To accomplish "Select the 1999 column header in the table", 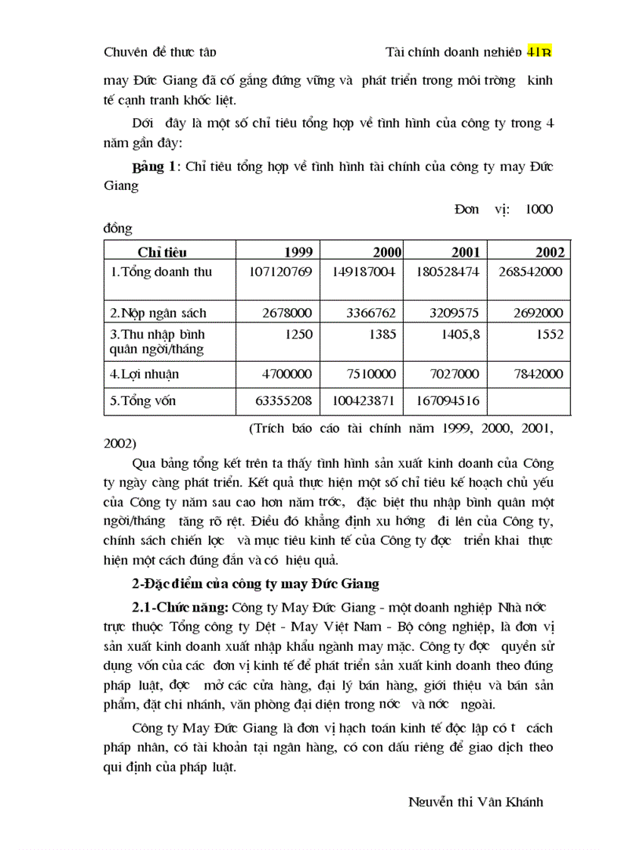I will [298, 252].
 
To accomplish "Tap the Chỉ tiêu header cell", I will [162, 252].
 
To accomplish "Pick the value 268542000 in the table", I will [530, 272].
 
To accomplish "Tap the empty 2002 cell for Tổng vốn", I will [529, 401].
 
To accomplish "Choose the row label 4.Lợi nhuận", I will [145, 374].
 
